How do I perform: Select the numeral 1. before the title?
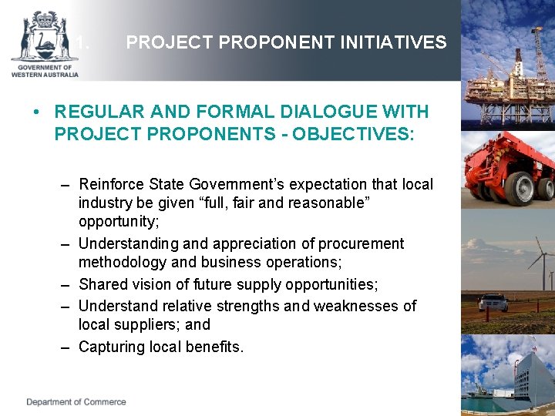[x=82, y=43]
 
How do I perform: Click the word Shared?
[x=103, y=285]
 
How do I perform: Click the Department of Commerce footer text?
[x=76, y=401]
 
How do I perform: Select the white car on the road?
[x=493, y=302]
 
